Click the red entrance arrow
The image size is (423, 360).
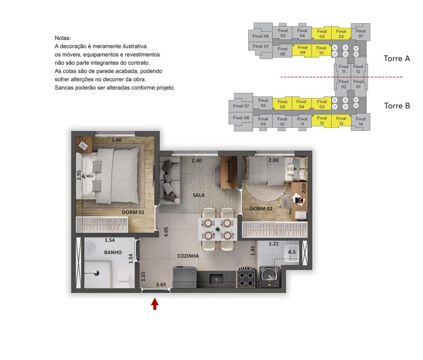click(x=154, y=304)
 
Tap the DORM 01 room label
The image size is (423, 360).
click(x=133, y=212)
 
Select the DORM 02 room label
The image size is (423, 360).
click(x=261, y=209)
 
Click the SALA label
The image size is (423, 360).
click(x=199, y=195)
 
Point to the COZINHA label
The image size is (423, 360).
click(x=188, y=256)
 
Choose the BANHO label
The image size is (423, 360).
click(x=113, y=252)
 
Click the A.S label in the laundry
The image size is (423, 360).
click(x=292, y=252)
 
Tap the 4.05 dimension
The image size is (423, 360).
click(x=166, y=232)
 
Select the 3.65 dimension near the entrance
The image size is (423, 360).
click(x=161, y=285)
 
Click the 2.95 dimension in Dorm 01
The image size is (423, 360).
click(x=79, y=175)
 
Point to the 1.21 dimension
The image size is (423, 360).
click(x=273, y=244)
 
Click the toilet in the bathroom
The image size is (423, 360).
click(x=123, y=277)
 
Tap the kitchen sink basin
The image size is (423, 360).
click(x=216, y=279)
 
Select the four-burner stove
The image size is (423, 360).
click(x=247, y=277)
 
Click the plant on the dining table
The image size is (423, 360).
click(x=218, y=229)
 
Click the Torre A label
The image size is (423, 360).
click(x=397, y=59)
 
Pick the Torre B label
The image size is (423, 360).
click(x=397, y=106)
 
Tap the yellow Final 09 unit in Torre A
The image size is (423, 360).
click(x=302, y=50)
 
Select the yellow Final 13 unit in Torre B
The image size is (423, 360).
click(x=341, y=121)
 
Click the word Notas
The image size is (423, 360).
click(x=63, y=38)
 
